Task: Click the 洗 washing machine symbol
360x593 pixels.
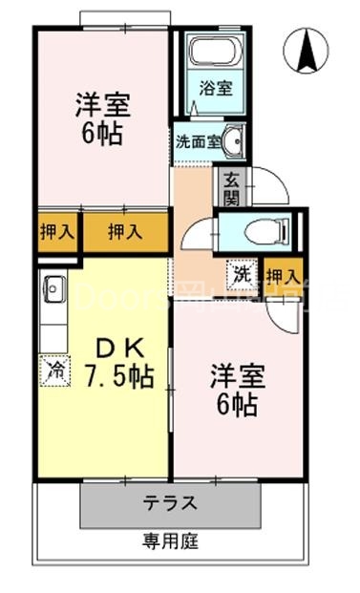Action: pyautogui.click(x=243, y=274)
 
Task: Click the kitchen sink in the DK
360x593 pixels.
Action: pyautogui.click(x=53, y=286)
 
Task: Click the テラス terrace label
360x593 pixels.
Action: pyautogui.click(x=170, y=503)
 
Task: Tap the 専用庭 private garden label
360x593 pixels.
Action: pyautogui.click(x=171, y=542)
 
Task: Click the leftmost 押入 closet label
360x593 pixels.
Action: pyautogui.click(x=56, y=231)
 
